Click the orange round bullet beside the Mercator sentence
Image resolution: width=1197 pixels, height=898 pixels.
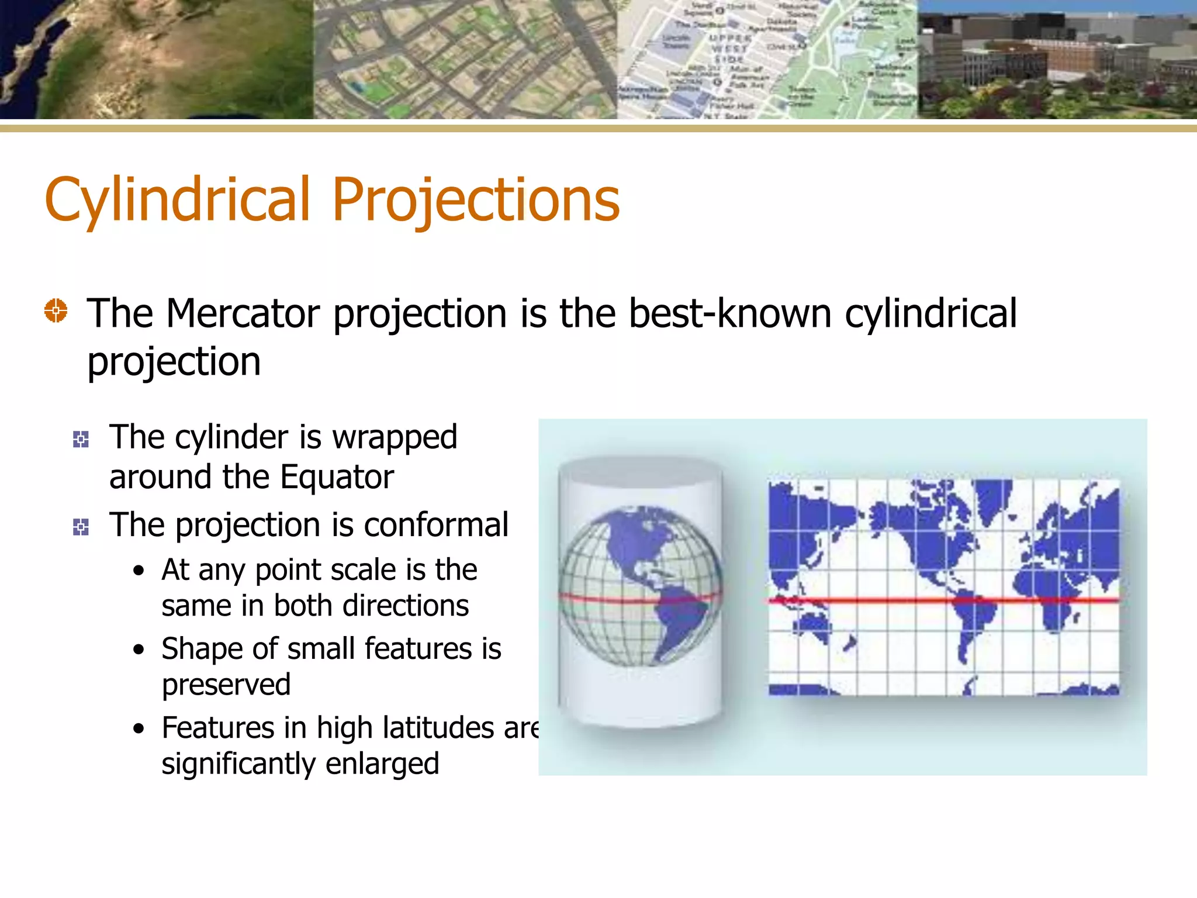click(x=56, y=310)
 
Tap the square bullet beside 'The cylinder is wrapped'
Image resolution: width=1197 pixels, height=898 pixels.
click(x=81, y=439)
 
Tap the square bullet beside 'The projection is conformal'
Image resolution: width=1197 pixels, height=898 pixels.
click(x=81, y=527)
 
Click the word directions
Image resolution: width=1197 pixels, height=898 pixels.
click(x=406, y=606)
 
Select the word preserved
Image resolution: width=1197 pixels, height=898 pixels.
click(x=226, y=685)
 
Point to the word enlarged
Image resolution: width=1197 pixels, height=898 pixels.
click(x=382, y=764)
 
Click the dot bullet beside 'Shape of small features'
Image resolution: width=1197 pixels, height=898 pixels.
click(x=139, y=650)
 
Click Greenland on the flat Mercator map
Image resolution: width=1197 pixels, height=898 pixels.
click(x=994, y=497)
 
